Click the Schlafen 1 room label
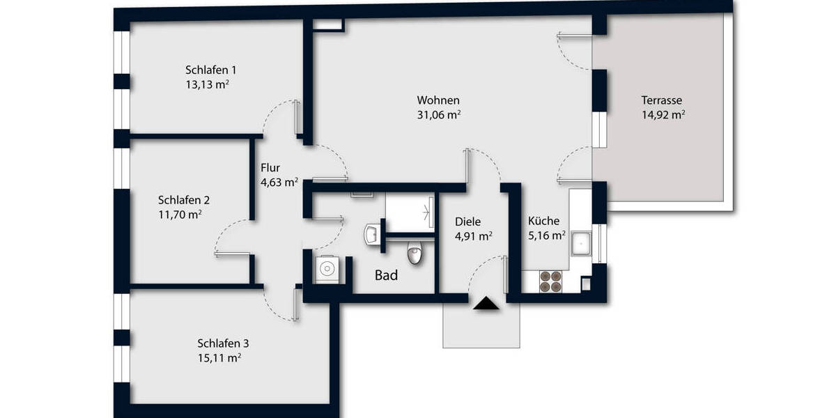[211, 70]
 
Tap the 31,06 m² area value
[438, 115]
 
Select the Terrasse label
[662, 100]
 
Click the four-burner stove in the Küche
[551, 279]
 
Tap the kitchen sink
[581, 245]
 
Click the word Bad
[386, 276]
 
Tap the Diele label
[467, 221]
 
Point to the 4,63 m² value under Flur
[279, 183]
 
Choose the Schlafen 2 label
[184, 199]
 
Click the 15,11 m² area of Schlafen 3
[219, 358]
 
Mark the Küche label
[543, 221]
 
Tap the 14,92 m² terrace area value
[663, 115]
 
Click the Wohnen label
[438, 100]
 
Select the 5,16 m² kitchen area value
[545, 236]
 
